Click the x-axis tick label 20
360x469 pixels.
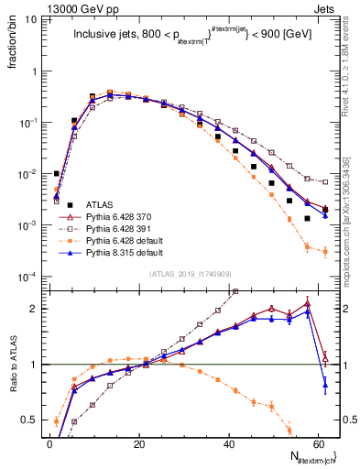coord(138,444)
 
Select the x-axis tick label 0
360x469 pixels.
coord(50,444)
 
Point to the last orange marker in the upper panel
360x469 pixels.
coord(325,251)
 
